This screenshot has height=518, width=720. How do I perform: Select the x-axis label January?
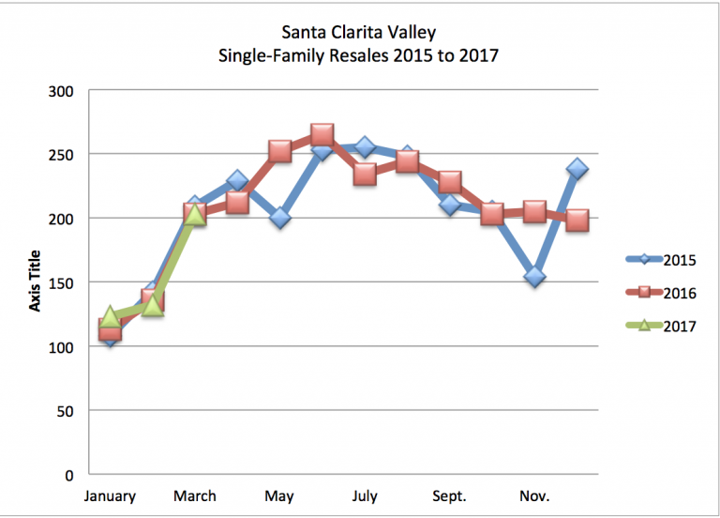tap(110, 495)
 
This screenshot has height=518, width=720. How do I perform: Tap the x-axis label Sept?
tap(449, 495)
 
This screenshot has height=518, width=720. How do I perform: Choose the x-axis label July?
tap(365, 495)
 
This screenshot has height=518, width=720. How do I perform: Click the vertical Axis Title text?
tap(36, 282)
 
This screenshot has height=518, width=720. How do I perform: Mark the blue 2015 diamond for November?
tap(534, 277)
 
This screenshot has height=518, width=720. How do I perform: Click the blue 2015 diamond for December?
tap(577, 169)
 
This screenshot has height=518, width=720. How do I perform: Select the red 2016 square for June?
tap(322, 135)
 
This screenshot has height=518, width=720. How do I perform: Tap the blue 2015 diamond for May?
tap(279, 218)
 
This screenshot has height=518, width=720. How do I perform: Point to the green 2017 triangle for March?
tap(194, 215)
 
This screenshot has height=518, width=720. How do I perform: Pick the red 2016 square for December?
tap(577, 221)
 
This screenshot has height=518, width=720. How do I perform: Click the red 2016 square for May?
tap(279, 151)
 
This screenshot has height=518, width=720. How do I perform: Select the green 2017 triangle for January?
tap(110, 317)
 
